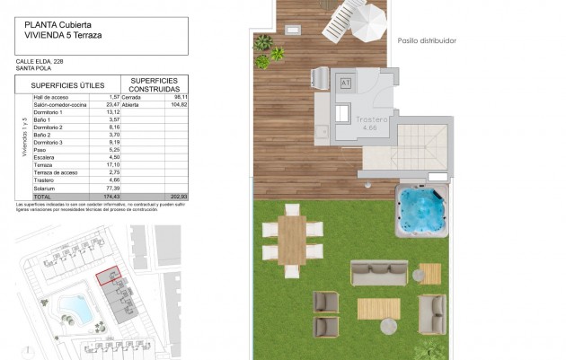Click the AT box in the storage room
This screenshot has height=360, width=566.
(346, 83)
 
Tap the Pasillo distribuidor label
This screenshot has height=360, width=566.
(426, 40)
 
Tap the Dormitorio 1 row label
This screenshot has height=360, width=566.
(48, 111)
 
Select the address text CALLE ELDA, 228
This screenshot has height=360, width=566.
(40, 61)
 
